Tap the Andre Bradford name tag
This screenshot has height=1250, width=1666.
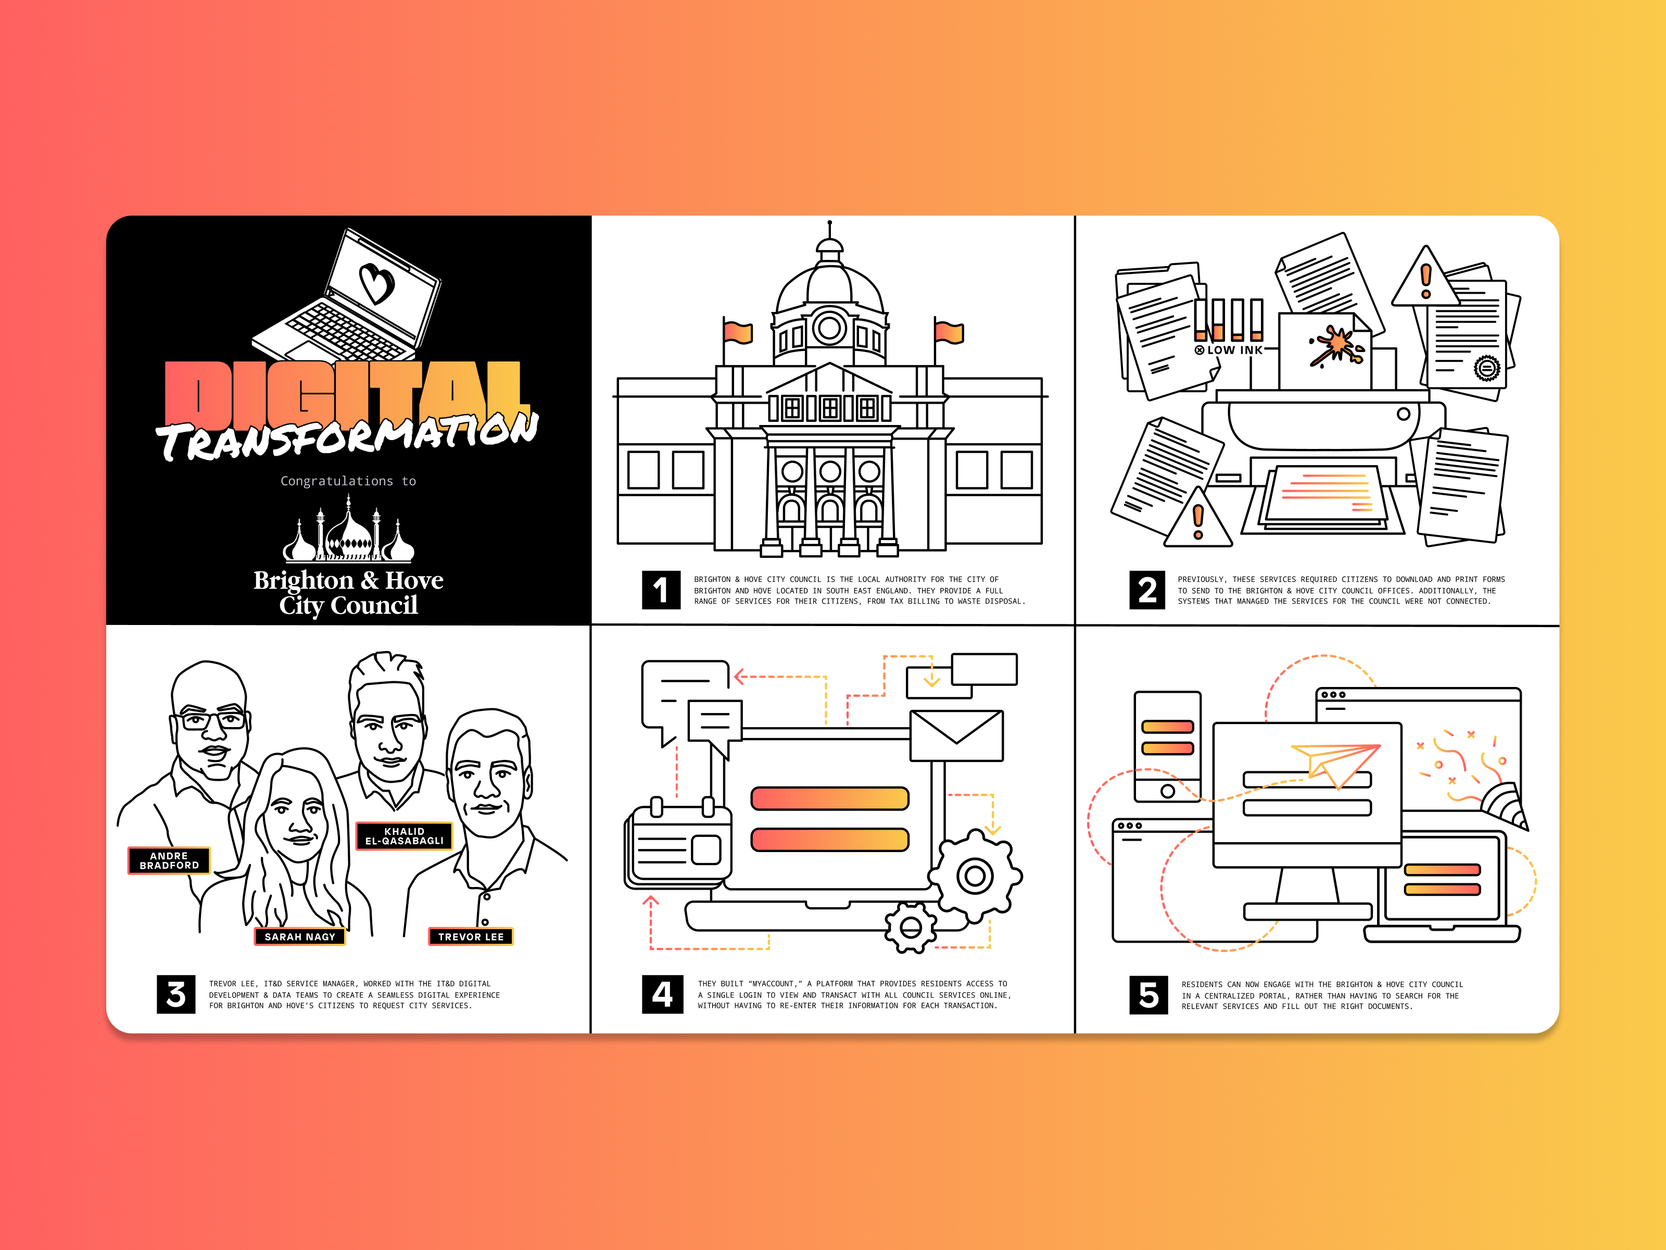click(169, 860)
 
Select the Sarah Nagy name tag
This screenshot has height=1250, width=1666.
click(300, 936)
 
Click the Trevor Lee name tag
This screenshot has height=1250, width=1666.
click(471, 936)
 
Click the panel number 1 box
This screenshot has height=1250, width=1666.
click(661, 590)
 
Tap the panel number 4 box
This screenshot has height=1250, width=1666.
click(662, 994)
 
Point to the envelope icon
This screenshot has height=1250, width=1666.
click(956, 735)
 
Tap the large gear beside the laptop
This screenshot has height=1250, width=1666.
click(975, 876)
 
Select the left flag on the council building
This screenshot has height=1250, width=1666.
click(737, 332)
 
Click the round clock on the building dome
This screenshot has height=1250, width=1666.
click(829, 328)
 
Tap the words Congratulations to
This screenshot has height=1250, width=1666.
click(348, 481)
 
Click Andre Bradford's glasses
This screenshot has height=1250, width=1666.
click(213, 720)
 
